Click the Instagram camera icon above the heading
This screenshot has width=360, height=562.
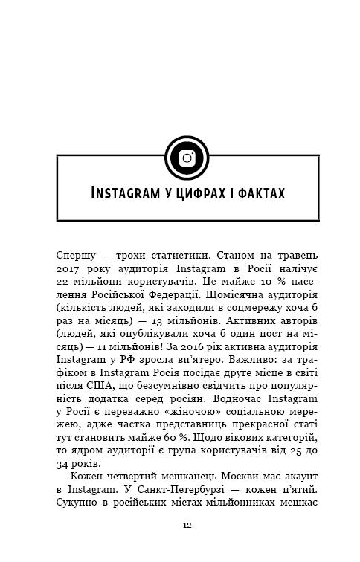tap(187, 156)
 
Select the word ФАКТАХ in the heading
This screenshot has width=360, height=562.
tap(260, 195)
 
